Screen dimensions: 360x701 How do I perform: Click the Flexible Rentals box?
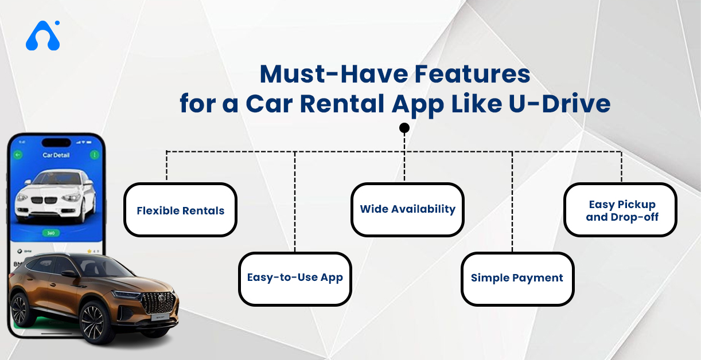(x=180, y=210)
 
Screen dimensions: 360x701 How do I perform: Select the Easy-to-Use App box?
(x=295, y=278)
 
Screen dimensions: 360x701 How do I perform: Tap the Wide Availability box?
(x=407, y=209)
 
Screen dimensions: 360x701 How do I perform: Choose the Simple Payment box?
(x=517, y=278)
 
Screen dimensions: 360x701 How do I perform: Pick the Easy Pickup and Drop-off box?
(x=621, y=210)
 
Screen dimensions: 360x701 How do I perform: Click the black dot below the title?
(x=404, y=128)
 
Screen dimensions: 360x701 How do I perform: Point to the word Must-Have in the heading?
(x=322, y=74)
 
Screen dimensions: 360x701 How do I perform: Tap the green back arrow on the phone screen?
(x=18, y=155)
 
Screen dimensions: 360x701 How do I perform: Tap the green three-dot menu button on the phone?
(x=94, y=155)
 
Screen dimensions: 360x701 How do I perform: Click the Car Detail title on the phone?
(x=56, y=155)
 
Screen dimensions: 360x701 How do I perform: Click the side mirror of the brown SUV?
(x=69, y=274)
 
